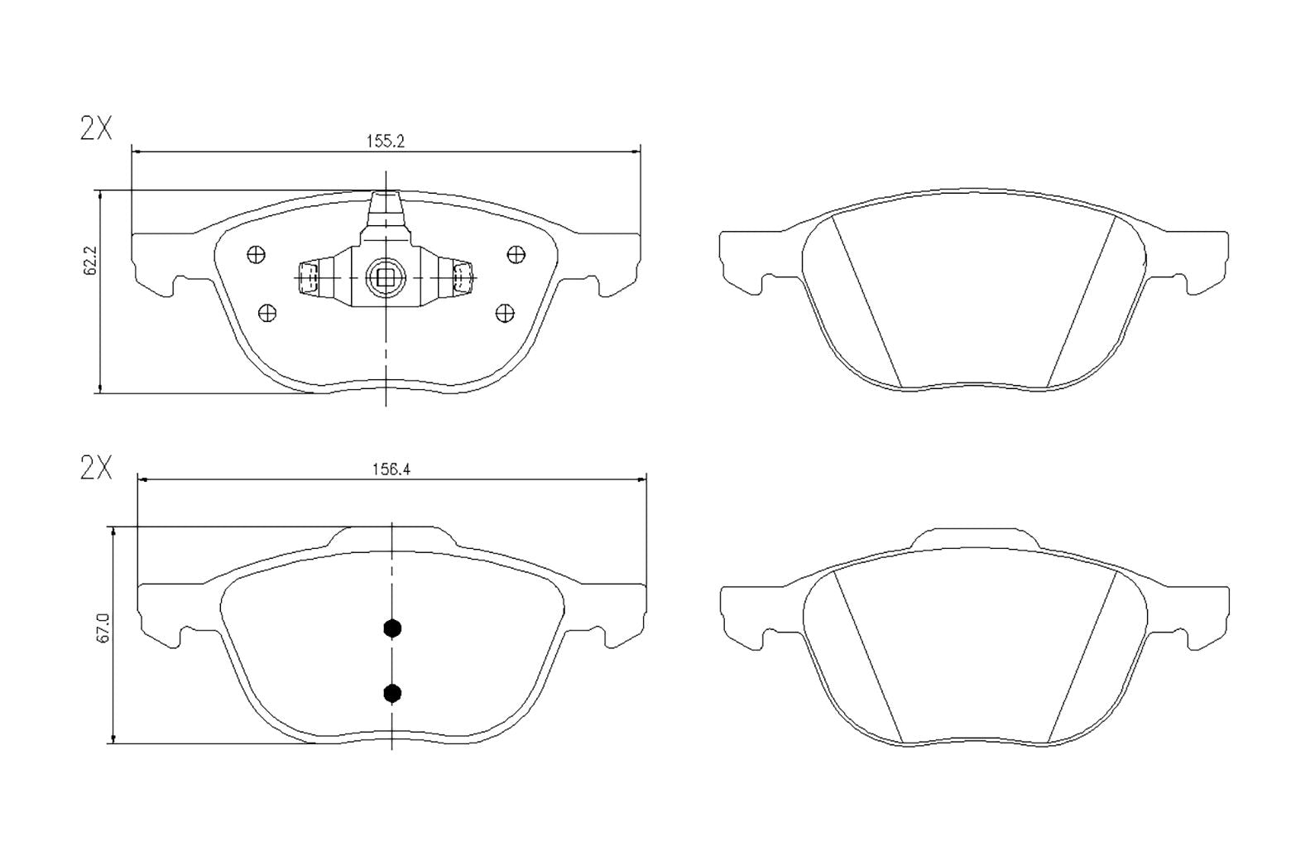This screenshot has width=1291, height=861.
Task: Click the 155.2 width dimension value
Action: tap(385, 141)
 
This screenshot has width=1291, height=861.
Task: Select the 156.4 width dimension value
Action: tap(391, 469)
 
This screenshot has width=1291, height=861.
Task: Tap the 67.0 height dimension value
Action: tap(103, 635)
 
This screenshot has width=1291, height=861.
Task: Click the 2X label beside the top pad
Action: tap(96, 129)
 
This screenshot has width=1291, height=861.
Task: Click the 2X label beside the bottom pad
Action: tap(96, 469)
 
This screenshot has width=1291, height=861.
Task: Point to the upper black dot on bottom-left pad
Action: tap(392, 628)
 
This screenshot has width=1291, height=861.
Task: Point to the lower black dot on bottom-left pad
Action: tap(392, 692)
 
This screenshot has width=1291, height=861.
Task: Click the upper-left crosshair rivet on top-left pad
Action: tap(257, 255)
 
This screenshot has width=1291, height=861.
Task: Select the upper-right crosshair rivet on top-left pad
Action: tap(516, 253)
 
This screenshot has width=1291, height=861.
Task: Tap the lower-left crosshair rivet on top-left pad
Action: tap(267, 312)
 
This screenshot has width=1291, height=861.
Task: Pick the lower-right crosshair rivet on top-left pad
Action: tap(505, 312)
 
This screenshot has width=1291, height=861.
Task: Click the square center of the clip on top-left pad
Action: tap(386, 278)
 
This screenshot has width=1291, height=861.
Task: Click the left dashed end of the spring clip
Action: tap(308, 278)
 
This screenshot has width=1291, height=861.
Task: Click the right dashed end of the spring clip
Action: tap(462, 278)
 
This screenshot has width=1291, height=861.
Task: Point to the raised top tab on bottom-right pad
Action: tap(975, 536)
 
